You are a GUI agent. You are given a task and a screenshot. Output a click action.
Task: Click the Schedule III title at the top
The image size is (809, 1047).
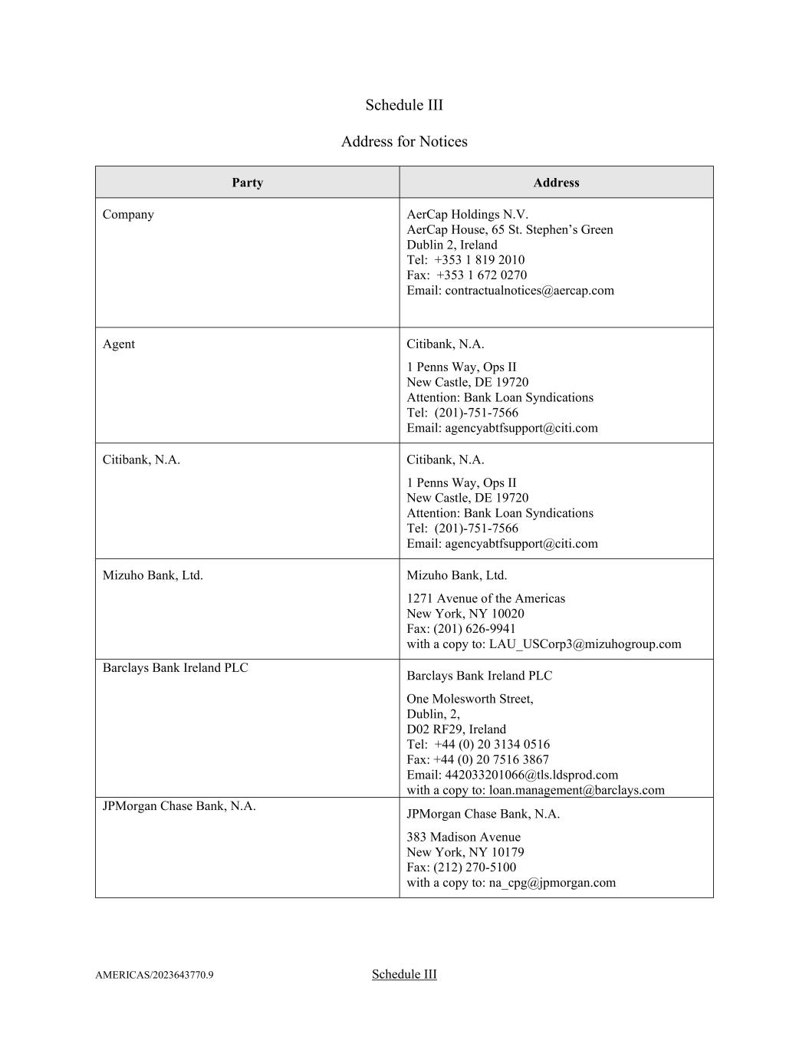404,105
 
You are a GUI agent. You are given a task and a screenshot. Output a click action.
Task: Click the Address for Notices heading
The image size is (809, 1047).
404,142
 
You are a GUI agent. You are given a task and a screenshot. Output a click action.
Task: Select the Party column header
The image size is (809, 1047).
247,183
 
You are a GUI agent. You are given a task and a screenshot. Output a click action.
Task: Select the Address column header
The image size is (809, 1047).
556,183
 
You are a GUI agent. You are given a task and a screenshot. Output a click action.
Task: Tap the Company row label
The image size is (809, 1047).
128,215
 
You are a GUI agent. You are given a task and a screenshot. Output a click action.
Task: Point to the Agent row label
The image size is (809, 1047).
119,344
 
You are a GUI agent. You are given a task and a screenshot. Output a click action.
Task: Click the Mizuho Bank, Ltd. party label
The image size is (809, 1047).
153,575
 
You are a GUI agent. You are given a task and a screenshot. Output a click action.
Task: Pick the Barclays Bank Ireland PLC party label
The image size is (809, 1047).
176,668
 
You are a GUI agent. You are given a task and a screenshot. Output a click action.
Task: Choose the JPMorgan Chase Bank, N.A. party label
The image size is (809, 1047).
179,806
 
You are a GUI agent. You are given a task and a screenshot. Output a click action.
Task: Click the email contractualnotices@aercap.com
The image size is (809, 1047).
529,291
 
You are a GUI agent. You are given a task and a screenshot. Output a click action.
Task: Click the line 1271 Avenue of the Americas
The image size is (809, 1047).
485,598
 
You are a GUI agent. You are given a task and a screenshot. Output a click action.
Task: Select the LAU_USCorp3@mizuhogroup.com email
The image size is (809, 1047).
584,644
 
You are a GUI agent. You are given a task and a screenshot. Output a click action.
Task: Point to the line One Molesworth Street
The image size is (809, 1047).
470,699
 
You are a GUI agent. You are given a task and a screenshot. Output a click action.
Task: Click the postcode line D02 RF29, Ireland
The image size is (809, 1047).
456,729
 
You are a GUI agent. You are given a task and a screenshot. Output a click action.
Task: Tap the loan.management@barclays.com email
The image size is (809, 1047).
577,790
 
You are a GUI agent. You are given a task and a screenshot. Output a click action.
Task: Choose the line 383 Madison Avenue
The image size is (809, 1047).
463,837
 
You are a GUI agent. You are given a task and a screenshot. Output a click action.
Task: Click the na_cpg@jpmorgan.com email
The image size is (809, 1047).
552,883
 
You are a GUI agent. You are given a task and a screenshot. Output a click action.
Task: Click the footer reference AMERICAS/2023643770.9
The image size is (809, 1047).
154,976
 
